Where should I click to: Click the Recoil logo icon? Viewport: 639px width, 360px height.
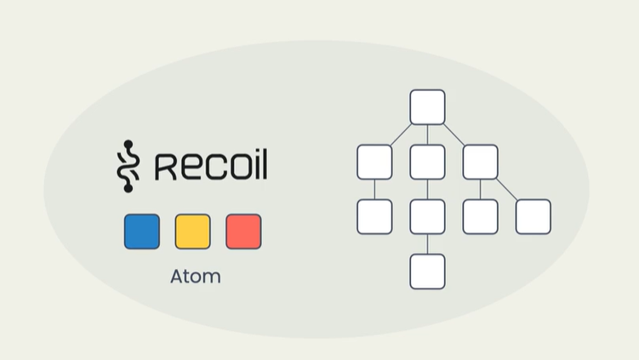[126, 165]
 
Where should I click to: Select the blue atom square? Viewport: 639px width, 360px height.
[141, 231]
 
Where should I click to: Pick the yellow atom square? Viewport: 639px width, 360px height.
[192, 231]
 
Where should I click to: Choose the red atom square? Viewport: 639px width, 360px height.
[243, 231]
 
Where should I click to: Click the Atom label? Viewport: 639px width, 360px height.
[195, 277]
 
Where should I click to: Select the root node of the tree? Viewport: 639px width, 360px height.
[427, 107]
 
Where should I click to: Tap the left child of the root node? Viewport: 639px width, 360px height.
[374, 162]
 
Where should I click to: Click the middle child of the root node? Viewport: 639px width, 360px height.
[427, 162]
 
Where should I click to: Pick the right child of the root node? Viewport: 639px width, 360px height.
[480, 162]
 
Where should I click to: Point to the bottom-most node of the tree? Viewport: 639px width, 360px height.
[427, 271]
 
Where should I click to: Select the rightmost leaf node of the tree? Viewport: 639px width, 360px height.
[533, 216]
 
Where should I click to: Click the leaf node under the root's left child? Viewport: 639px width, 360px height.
[374, 216]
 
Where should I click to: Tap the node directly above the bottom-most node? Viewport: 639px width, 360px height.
[427, 216]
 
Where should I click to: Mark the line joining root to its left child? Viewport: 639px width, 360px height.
[401, 134]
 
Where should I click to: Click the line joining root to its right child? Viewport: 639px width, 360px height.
[454, 134]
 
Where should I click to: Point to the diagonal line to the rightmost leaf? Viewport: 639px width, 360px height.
[507, 189]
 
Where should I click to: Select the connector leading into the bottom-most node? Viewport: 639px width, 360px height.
[427, 244]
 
